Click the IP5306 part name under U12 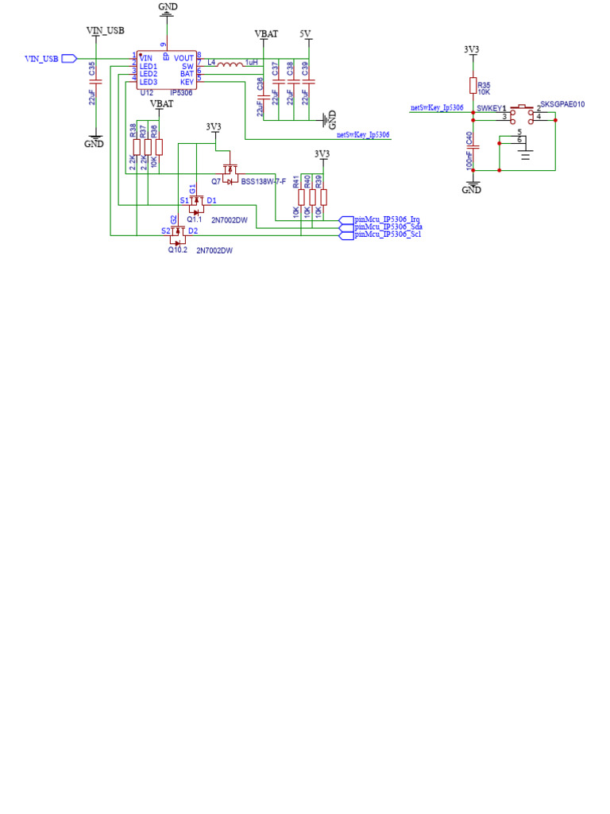(x=181, y=93)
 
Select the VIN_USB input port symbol (x=69, y=58)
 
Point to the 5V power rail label (x=306, y=34)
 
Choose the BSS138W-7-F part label (x=263, y=182)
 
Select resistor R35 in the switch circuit (x=473, y=86)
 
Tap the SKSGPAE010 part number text (x=562, y=104)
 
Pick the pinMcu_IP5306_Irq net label (x=387, y=219)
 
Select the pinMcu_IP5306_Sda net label (x=388, y=227)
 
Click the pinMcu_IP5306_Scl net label (x=387, y=235)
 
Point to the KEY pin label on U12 (x=187, y=82)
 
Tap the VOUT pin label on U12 (x=184, y=58)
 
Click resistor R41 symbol (x=302, y=197)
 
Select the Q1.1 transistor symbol (x=193, y=205)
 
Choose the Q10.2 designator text (x=177, y=250)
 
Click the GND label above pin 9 (x=168, y=6)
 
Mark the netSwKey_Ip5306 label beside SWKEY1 (x=436, y=107)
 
